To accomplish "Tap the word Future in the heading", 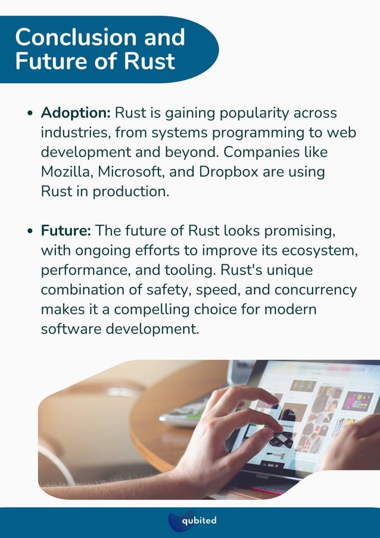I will point(47,61).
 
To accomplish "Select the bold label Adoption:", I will point(76,112).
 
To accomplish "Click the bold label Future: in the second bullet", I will point(66,230).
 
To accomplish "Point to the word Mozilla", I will point(67,172).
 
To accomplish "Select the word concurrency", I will point(314,290).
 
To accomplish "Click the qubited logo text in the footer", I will point(200,521).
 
